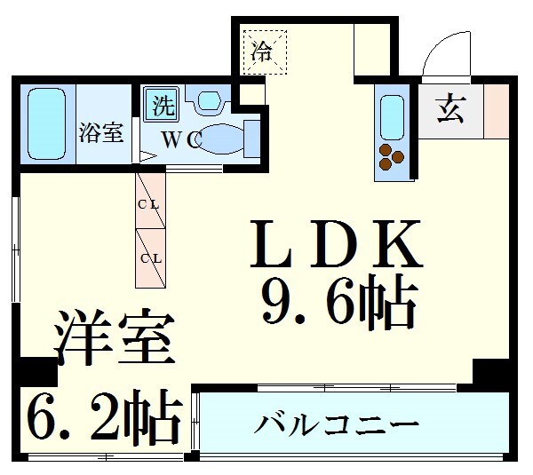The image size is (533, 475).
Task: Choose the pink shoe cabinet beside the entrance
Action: [496, 109]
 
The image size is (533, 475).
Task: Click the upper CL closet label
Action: [148, 204]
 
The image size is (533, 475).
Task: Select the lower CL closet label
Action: [148, 258]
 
